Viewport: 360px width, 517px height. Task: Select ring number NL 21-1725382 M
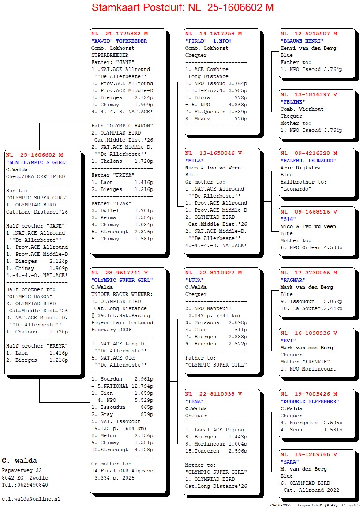[120, 34]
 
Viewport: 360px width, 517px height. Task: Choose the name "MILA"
[195, 161]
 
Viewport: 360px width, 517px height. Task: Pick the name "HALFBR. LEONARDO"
[308, 161]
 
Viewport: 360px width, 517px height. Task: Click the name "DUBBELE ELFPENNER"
[310, 401]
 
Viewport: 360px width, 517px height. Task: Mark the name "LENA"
[195, 401]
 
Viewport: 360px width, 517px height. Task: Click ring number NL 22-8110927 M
[214, 273]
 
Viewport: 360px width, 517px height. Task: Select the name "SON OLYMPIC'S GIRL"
[37, 162]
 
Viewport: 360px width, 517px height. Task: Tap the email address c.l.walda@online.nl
[31, 499]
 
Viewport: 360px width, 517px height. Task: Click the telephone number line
[25, 485]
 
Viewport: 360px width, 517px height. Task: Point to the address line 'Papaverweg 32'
[22, 471]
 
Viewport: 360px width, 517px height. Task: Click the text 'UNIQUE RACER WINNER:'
[122, 294]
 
